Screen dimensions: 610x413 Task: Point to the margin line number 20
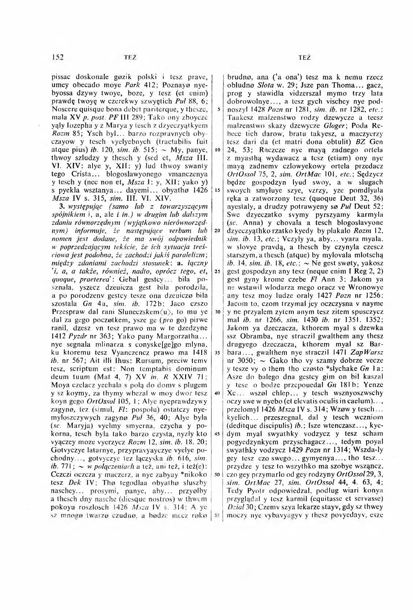(x=216, y=231)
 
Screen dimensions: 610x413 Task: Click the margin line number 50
(x=216, y=474)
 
